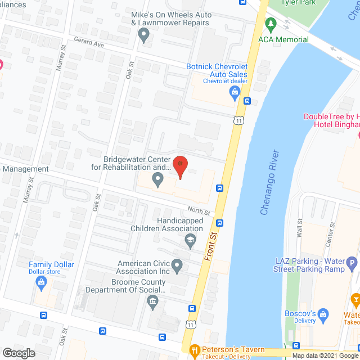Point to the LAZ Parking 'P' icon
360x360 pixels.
pyautogui.click(x=352, y=263)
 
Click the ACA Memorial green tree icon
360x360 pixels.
pyautogui.click(x=271, y=24)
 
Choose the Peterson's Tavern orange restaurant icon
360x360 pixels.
pyautogui.click(x=195, y=350)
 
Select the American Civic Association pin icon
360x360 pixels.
pyautogui.click(x=177, y=265)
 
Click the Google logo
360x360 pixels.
pyautogui.click(x=19, y=353)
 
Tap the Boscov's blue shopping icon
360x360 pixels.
pyautogui.click(x=323, y=313)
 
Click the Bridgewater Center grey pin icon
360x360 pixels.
pyautogui.click(x=158, y=181)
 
